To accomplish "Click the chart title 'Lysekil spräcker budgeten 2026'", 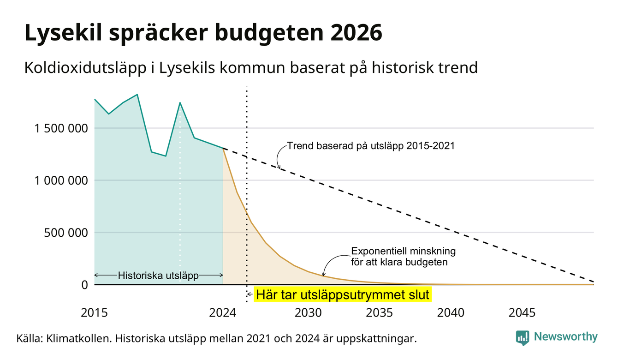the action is [x=203, y=33].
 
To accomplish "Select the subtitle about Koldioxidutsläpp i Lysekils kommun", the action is [x=251, y=68].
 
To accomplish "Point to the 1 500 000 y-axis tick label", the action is [x=61, y=128].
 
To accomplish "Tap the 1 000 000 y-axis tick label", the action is [x=61, y=180].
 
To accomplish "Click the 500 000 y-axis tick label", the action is [x=66, y=233].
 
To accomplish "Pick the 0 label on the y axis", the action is [x=85, y=285].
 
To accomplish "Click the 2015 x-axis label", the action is [x=94, y=313].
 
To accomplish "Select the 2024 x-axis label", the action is [x=223, y=313].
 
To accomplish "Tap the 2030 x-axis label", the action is [x=308, y=313].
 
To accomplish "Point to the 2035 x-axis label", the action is [x=380, y=313].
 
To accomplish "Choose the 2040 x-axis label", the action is [x=451, y=313].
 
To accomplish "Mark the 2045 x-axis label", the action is [x=522, y=313].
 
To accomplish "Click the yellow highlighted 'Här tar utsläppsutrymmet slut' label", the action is [x=343, y=294].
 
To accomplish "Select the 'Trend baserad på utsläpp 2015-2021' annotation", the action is [x=371, y=146].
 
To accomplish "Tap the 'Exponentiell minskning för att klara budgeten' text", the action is [x=404, y=257].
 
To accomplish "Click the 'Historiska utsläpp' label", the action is [x=158, y=276].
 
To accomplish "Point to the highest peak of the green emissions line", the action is [x=137, y=95].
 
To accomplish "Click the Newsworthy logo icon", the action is [x=523, y=338].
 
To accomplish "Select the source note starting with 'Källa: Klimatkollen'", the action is [x=217, y=338].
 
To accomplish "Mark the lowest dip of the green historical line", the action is [x=166, y=156].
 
